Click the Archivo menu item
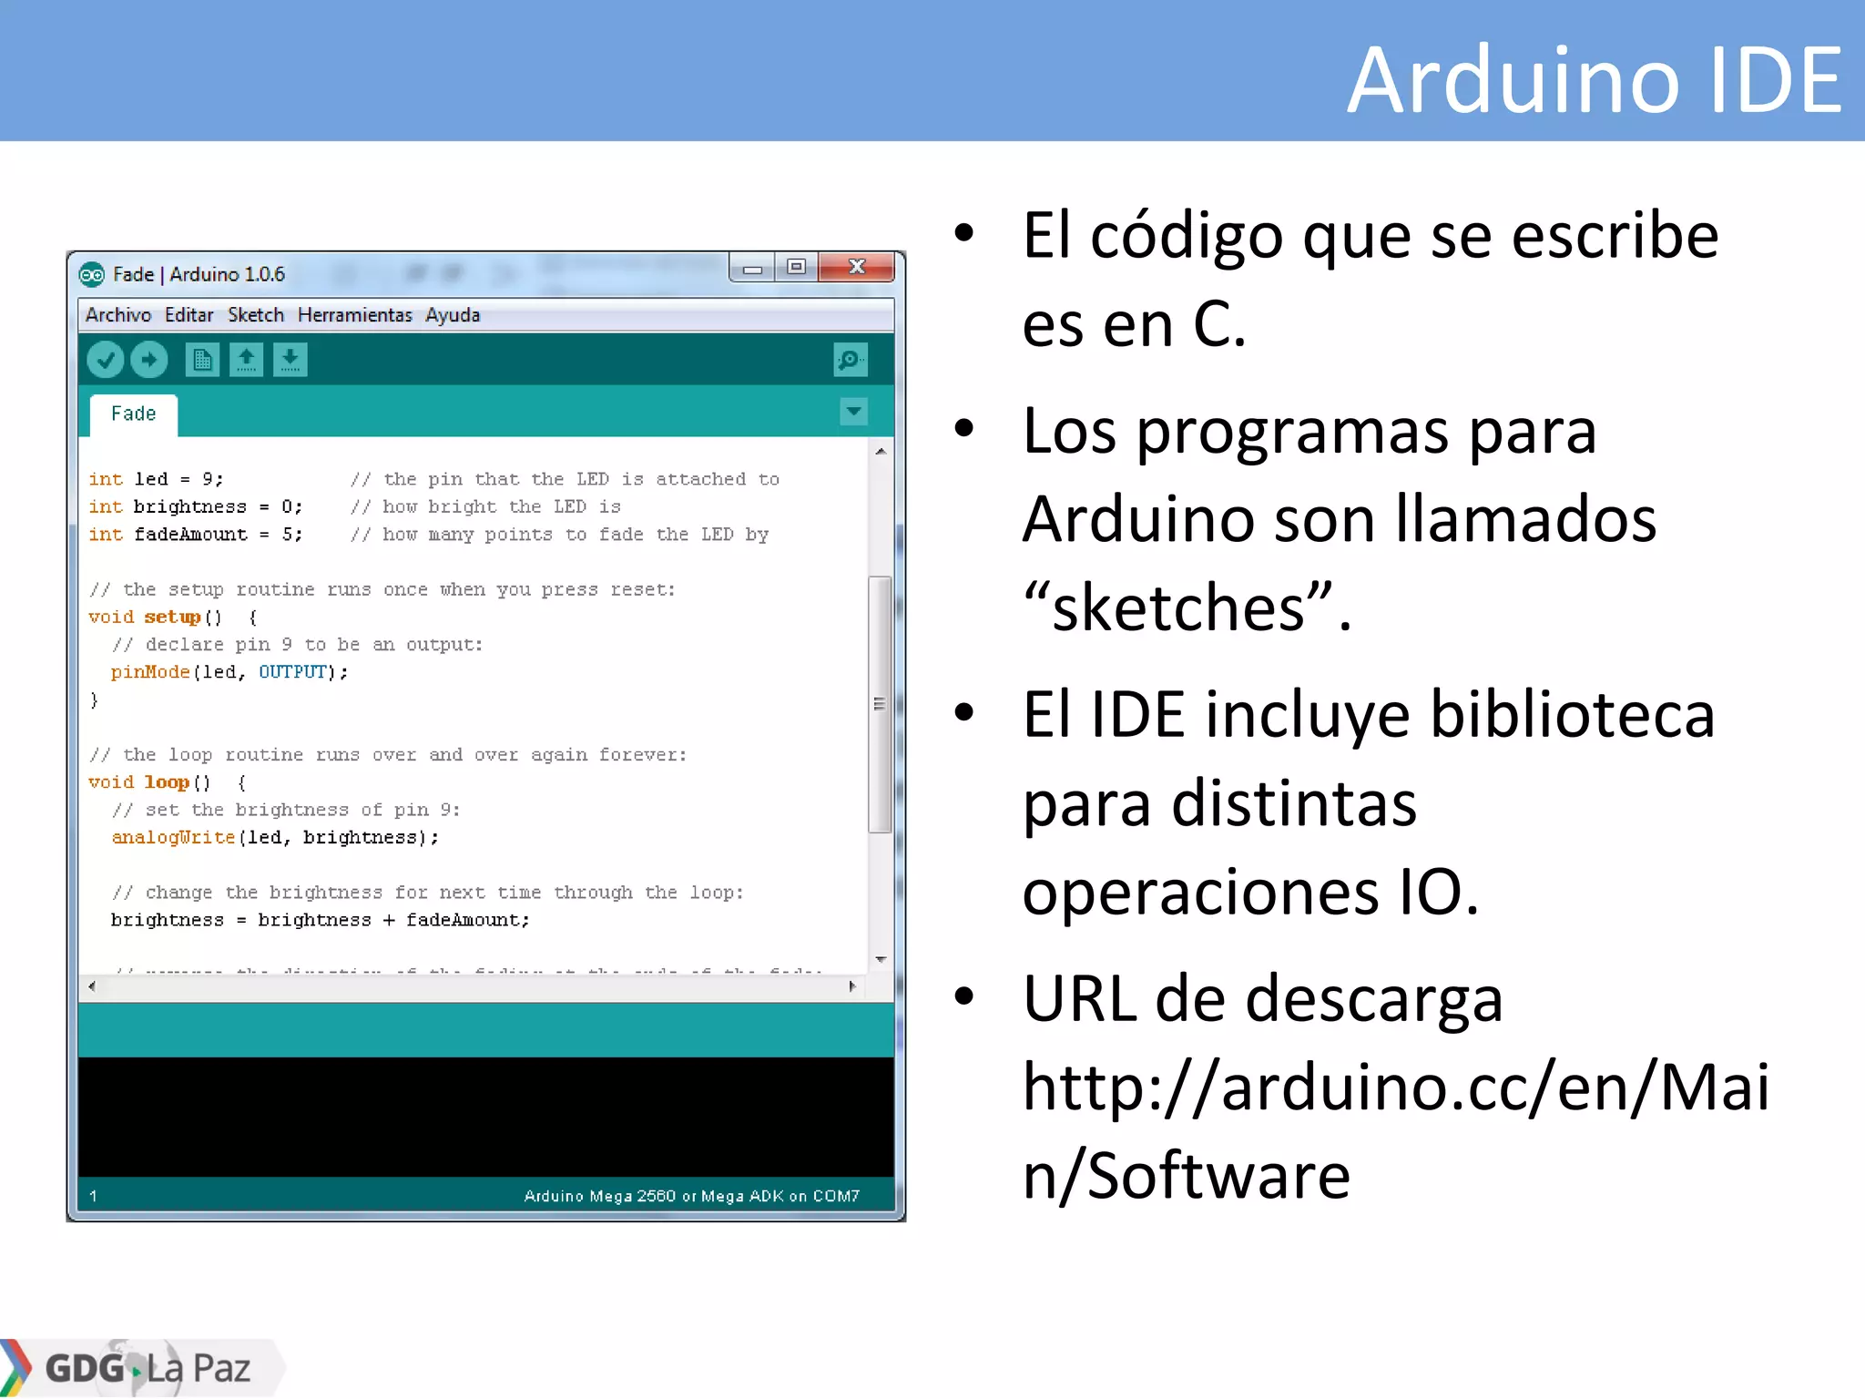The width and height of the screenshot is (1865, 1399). point(118,315)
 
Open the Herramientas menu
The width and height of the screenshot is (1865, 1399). point(354,315)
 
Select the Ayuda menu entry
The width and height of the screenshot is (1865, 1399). point(452,315)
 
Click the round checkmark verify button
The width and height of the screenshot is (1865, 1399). point(106,360)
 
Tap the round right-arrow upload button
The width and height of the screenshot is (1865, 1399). point(149,360)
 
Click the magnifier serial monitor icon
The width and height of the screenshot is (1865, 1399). point(850,360)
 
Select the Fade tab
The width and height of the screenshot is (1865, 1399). point(134,414)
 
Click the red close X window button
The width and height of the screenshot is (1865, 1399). point(856,267)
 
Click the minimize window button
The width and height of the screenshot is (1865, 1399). point(752,268)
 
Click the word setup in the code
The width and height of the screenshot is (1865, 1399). point(172,618)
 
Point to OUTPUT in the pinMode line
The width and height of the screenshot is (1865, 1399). point(292,672)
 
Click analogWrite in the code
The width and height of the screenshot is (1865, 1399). point(173,838)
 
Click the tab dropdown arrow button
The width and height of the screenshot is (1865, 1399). point(853,412)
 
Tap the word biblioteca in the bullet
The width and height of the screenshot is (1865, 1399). point(1572,715)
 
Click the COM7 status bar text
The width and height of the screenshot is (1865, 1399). point(835,1196)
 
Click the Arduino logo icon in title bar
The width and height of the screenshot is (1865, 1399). point(92,274)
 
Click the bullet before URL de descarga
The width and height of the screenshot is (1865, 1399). point(963,996)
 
